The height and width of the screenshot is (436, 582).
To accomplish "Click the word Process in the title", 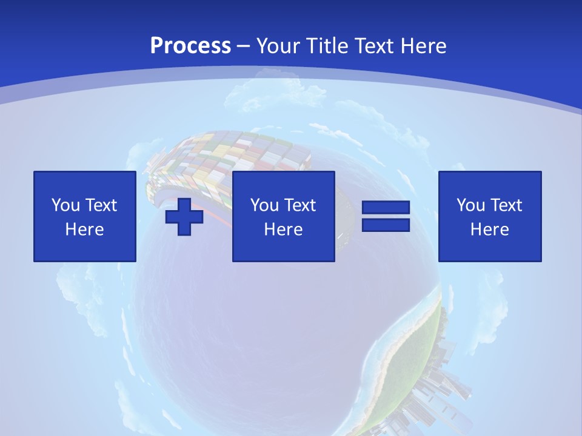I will [190, 46].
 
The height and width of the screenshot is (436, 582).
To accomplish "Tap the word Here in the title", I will [424, 46].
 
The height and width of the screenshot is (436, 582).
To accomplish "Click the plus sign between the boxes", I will [184, 217].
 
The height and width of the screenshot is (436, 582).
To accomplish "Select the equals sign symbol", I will [386, 216].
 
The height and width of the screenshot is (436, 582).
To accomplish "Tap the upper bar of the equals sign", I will [386, 208].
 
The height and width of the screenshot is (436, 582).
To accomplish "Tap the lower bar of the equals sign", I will [386, 225].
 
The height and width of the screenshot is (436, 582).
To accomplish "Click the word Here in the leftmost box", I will [84, 230].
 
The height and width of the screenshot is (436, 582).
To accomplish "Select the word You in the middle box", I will [264, 205].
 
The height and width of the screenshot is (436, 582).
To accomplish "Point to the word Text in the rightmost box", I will [505, 205].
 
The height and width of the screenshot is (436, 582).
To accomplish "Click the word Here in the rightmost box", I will [489, 230].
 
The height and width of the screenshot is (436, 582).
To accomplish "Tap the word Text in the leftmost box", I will [100, 205].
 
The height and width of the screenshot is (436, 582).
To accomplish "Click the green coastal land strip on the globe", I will [412, 357].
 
